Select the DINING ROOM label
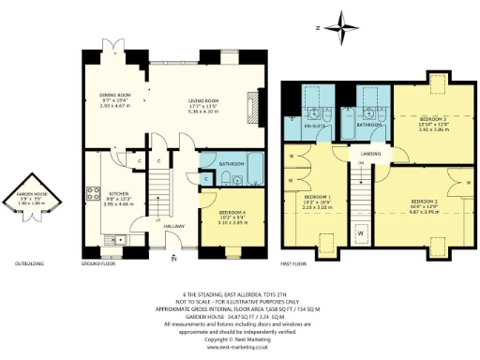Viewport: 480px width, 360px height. [115, 95]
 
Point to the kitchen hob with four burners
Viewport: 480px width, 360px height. [94, 195]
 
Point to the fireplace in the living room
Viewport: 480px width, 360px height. [251, 101]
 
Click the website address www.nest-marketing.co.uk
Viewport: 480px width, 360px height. [240, 347]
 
